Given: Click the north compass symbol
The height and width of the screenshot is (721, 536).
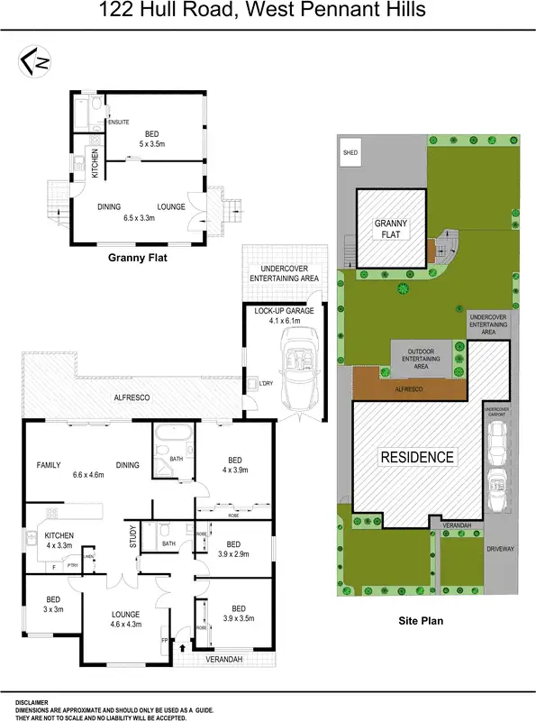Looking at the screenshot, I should (34, 60).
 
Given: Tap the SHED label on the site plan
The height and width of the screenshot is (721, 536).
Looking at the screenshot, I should (350, 153).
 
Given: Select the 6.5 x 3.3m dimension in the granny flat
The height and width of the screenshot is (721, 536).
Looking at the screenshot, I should (140, 217).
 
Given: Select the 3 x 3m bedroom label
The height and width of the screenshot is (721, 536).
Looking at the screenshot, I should (53, 609).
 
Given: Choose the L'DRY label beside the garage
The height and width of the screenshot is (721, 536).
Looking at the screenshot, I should (266, 384).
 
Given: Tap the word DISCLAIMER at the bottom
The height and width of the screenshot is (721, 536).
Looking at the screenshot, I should (32, 700).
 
